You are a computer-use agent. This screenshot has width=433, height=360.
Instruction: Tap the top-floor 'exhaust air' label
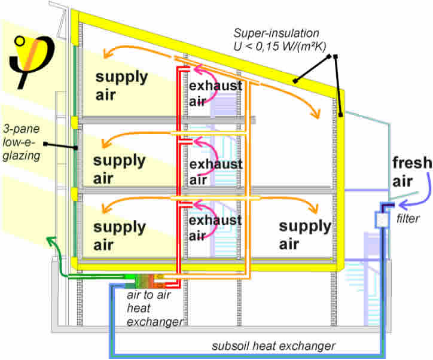(215, 94)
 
